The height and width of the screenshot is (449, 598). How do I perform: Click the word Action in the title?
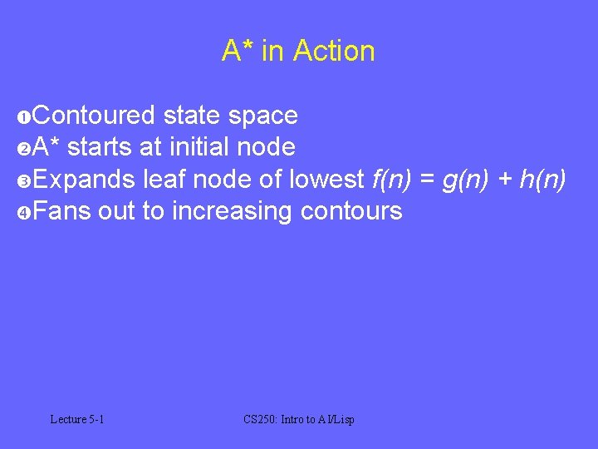click(x=334, y=52)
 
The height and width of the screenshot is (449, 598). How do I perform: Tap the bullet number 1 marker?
click(x=23, y=116)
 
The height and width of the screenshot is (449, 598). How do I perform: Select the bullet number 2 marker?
click(x=23, y=149)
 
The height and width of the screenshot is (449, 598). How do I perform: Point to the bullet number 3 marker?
click(x=23, y=180)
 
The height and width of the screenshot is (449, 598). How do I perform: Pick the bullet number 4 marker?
click(x=23, y=213)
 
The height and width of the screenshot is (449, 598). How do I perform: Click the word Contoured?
click(x=94, y=116)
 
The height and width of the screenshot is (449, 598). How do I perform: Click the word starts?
click(x=100, y=147)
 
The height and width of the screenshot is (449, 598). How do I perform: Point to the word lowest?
click(x=326, y=179)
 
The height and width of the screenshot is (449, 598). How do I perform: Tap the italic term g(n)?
click(x=466, y=179)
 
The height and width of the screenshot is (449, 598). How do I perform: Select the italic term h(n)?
click(x=543, y=179)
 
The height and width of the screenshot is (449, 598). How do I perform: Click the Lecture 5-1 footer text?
click(x=76, y=420)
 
